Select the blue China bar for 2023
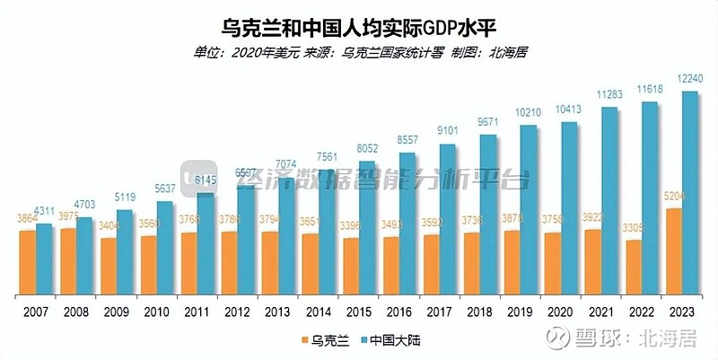pos(690,193)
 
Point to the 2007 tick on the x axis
pos(36,311)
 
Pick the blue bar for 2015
pos(367,229)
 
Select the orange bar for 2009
pos(109,267)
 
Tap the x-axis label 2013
pos(278,311)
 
